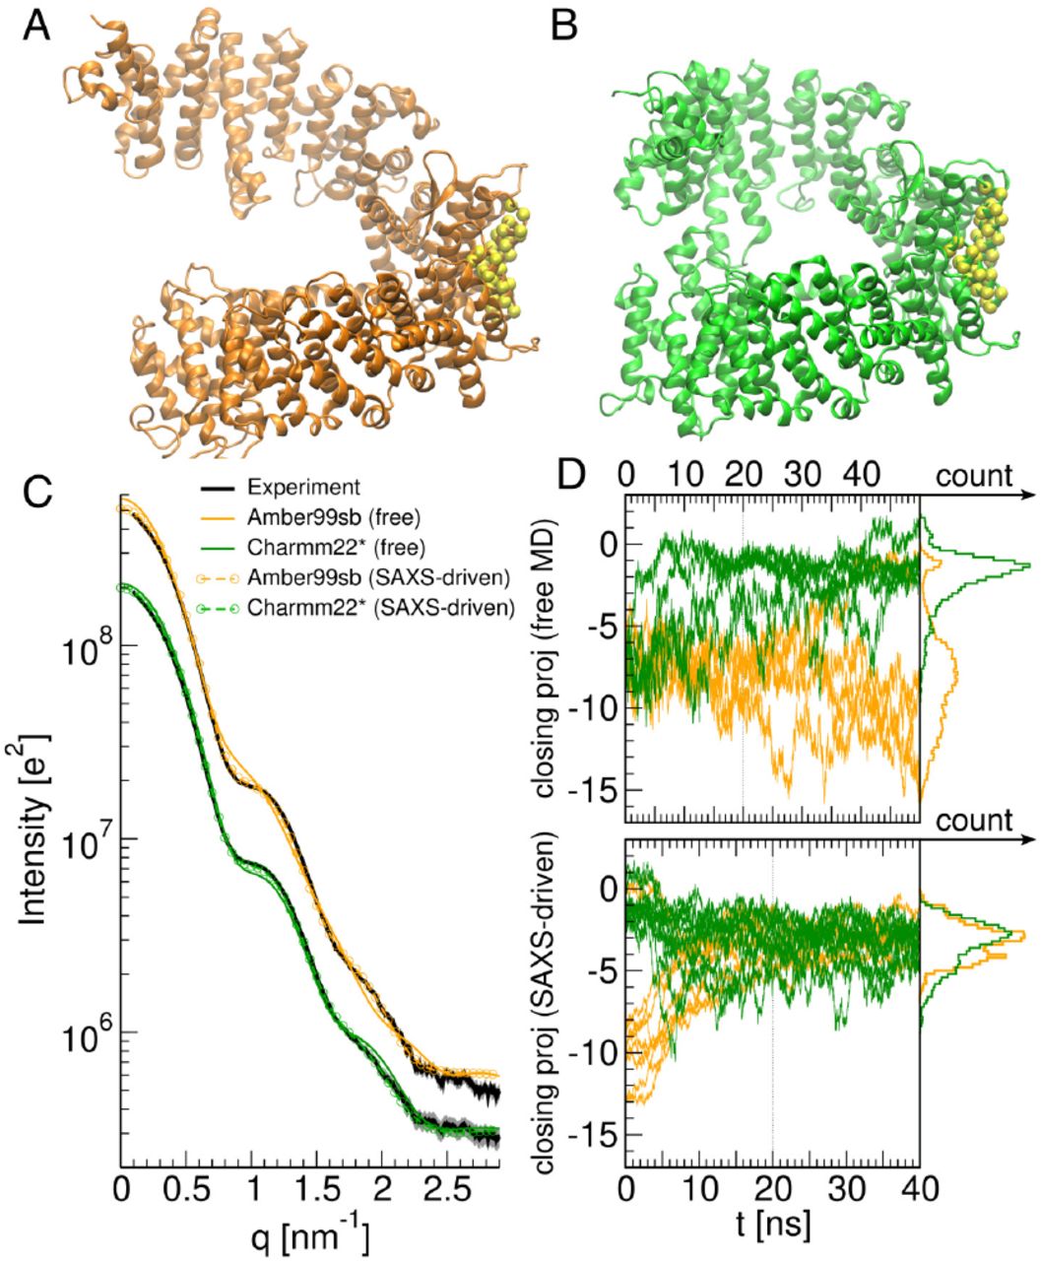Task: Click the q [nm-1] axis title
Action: click(x=311, y=1233)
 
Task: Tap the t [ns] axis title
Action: click(x=771, y=1225)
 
